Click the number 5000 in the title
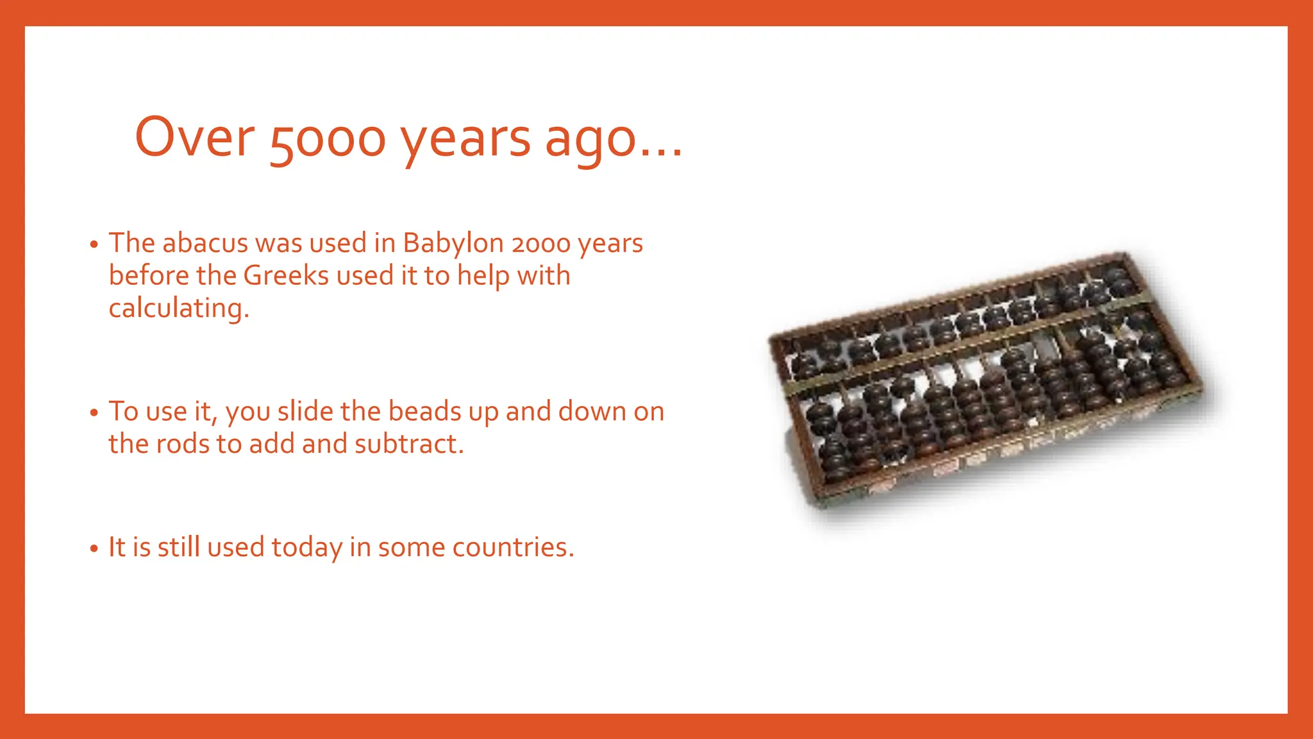(328, 139)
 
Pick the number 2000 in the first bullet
(541, 244)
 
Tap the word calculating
(178, 309)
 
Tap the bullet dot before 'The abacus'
(94, 244)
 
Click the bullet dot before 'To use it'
(94, 412)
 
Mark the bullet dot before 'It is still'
(94, 548)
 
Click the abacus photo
(987, 378)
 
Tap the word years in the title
(466, 139)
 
